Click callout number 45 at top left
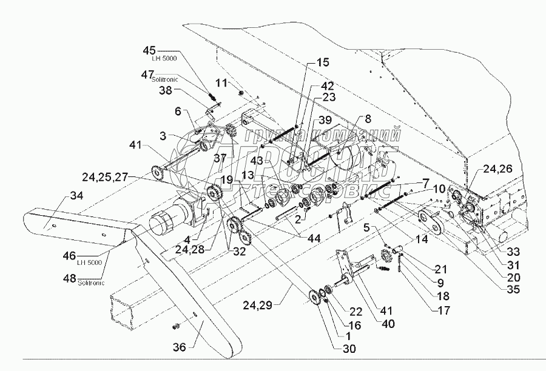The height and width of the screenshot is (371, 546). coord(150,50)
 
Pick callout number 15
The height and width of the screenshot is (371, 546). coord(323,62)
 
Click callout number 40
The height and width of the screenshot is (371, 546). coord(388,323)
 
